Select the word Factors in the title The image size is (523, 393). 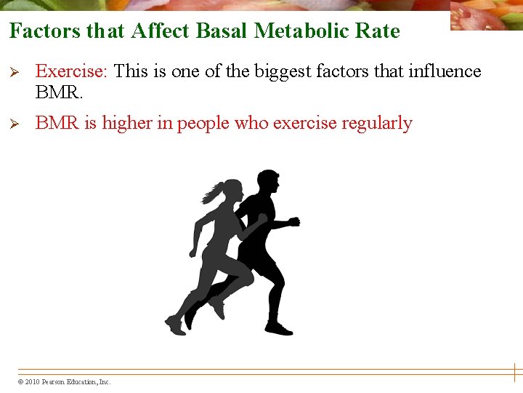[44, 31]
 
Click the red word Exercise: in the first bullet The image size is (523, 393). [72, 71]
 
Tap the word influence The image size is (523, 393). [445, 71]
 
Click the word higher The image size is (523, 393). [126, 124]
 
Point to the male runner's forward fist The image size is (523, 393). [293, 221]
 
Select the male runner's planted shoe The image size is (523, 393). [279, 328]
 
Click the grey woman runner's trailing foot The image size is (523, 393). [174, 325]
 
